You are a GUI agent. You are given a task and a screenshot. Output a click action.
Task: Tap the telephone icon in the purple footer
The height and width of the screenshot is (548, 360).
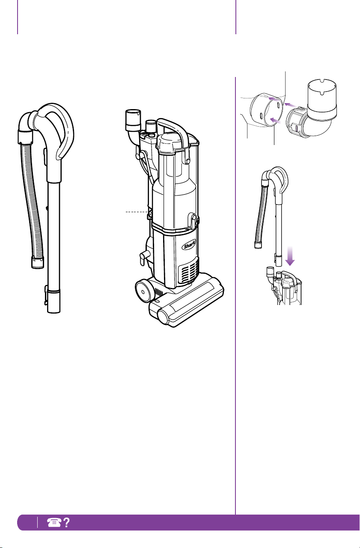(x=54, y=522)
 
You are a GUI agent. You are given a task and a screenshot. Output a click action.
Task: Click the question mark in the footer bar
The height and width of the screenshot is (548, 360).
(x=66, y=522)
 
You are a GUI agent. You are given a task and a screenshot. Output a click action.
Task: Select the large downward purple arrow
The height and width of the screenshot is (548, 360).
(x=290, y=256)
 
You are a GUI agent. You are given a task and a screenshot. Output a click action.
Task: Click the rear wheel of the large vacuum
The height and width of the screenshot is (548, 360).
(x=143, y=291)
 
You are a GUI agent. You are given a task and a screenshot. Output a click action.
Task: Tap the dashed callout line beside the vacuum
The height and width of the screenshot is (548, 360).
(x=137, y=212)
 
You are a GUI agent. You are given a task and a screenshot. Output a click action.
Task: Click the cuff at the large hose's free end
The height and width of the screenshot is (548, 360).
(x=38, y=262)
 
